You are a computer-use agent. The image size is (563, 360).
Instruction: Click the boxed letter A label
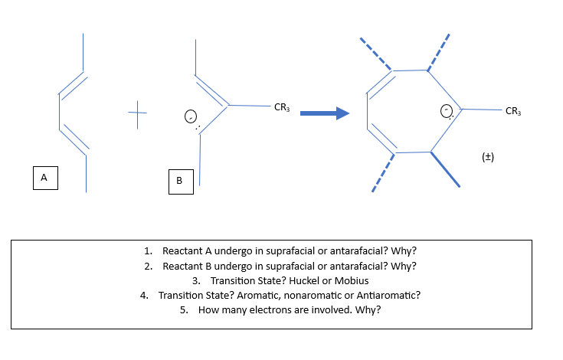point(44,177)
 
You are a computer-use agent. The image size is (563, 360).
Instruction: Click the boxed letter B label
point(179,182)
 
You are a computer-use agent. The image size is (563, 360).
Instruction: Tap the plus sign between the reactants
point(138,117)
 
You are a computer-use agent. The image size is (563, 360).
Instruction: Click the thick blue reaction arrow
point(323,114)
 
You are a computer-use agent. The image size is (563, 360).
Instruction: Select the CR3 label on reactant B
point(282,106)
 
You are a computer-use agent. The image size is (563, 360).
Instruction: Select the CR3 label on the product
point(513,112)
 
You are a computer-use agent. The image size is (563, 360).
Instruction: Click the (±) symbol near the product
point(488,157)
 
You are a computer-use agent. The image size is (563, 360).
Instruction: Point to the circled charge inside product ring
point(446,112)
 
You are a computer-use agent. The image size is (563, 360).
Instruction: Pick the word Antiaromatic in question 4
point(391,295)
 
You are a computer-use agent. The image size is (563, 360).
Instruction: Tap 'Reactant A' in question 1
point(187,250)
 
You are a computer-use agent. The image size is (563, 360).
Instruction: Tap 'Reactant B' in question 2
point(187,266)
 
